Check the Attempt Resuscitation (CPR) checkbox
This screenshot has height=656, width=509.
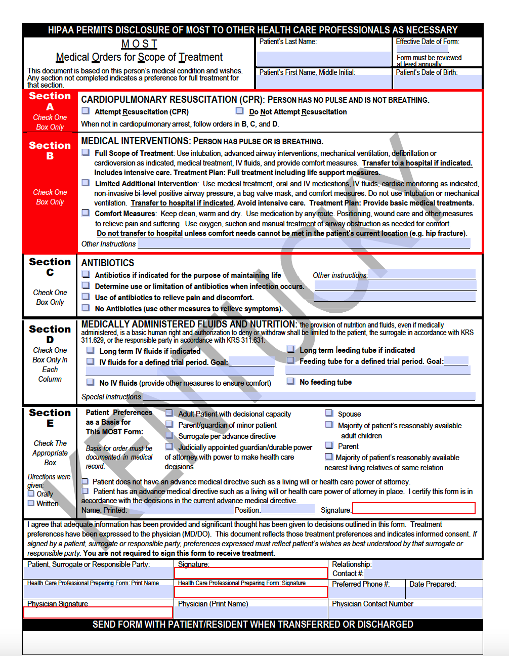[86, 111]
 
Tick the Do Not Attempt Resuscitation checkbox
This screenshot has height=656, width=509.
[240, 111]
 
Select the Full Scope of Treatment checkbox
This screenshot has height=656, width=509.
[86, 152]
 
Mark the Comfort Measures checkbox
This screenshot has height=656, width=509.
[86, 213]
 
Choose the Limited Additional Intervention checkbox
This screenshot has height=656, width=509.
[86, 183]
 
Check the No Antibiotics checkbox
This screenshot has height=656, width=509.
[86, 308]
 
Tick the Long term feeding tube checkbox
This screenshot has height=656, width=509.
[290, 349]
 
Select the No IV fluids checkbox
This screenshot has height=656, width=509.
[90, 382]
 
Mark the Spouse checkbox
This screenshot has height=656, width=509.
[329, 413]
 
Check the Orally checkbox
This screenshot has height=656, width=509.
[31, 494]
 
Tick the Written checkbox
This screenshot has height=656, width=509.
[31, 503]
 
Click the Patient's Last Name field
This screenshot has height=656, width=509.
[324, 58]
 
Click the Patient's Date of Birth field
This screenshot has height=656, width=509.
[438, 82]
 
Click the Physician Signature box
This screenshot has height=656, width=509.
[98, 612]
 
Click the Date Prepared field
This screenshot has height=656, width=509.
[445, 593]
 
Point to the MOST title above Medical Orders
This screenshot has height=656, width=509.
[139, 44]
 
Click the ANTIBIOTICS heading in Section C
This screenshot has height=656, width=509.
[108, 263]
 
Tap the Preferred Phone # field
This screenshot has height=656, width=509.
[367, 593]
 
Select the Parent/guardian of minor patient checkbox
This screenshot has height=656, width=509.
[169, 424]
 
